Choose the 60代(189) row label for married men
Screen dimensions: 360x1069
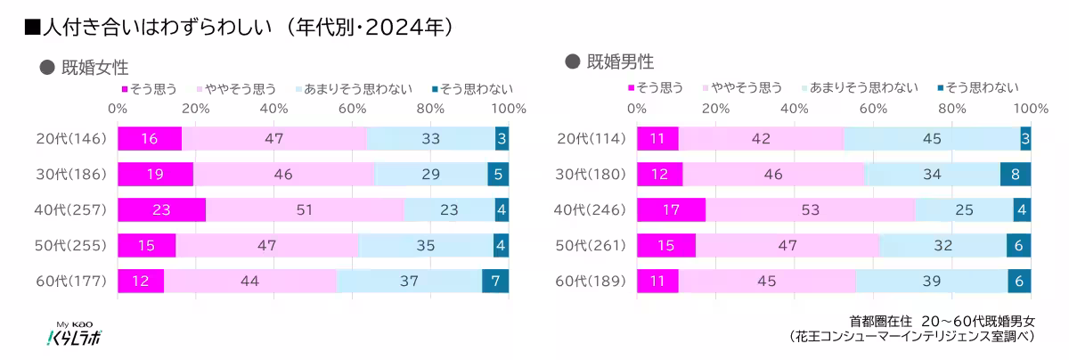(x=591, y=281)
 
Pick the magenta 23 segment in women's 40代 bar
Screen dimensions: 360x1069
(x=161, y=209)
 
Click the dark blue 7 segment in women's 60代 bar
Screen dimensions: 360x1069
(x=495, y=281)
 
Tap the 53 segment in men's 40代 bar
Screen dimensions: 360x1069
(x=810, y=209)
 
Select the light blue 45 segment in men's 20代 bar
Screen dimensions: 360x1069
(x=932, y=138)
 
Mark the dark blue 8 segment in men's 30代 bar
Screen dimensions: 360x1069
(x=1015, y=174)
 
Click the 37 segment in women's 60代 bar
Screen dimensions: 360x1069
(x=409, y=281)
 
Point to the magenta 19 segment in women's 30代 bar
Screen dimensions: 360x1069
(x=155, y=174)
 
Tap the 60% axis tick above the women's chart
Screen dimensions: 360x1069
(x=353, y=108)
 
